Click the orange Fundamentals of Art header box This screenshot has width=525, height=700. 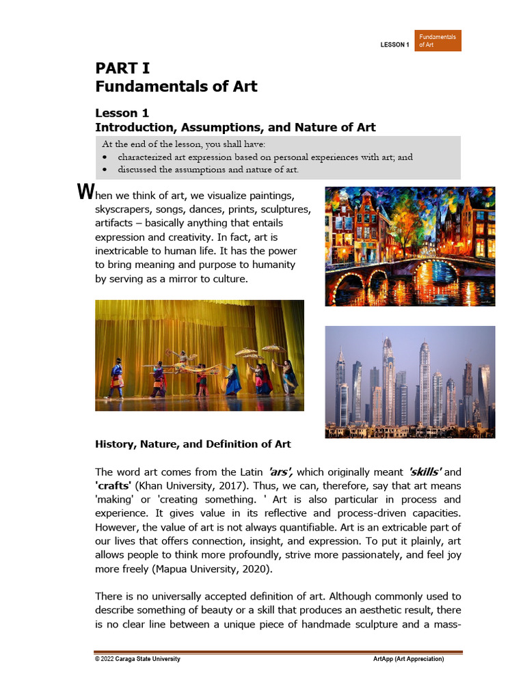pyautogui.click(x=437, y=40)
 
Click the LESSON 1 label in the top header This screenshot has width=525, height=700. pyautogui.click(x=394, y=45)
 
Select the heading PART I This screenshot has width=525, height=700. pyautogui.click(x=122, y=68)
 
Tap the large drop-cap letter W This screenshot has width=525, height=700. pyautogui.click(x=85, y=191)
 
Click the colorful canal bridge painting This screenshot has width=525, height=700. pyautogui.click(x=409, y=246)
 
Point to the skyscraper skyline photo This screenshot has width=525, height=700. pyautogui.click(x=409, y=381)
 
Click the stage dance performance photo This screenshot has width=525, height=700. pyautogui.click(x=200, y=355)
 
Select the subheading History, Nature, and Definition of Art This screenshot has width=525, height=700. pyautogui.click(x=193, y=444)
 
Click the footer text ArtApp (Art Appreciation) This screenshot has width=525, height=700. pyautogui.click(x=408, y=659)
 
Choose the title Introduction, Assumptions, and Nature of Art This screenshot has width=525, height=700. pyautogui.click(x=235, y=127)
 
